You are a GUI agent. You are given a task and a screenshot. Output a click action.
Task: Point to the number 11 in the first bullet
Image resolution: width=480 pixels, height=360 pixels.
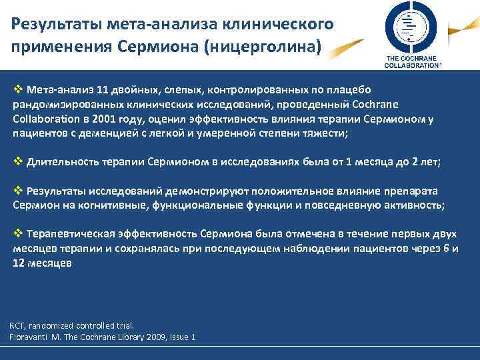pyautogui.click(x=102, y=89)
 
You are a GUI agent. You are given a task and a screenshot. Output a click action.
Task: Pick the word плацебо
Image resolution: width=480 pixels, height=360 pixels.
pyautogui.click(x=349, y=89)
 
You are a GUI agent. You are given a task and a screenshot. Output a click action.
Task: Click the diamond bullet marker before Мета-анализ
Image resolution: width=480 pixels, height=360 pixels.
pyautogui.click(x=19, y=89)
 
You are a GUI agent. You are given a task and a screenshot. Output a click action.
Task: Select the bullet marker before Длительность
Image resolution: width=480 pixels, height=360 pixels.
pyautogui.click(x=19, y=161)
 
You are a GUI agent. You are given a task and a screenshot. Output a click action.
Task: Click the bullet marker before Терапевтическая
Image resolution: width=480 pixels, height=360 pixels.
pyautogui.click(x=19, y=233)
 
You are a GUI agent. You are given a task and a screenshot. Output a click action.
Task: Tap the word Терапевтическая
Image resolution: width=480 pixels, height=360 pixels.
pyautogui.click(x=73, y=234)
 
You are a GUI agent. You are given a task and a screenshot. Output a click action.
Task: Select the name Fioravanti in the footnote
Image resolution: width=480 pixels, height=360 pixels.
pyautogui.click(x=33, y=337)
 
